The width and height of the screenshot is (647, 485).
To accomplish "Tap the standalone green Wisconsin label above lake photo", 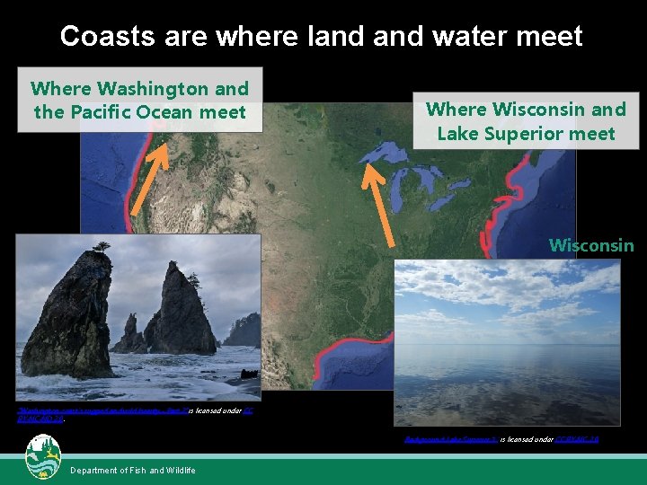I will pyautogui.click(x=591, y=245).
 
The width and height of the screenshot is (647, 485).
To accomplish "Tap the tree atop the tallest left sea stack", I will pyautogui.click(x=100, y=246).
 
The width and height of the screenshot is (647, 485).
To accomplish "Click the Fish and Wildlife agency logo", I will pyautogui.click(x=43, y=457).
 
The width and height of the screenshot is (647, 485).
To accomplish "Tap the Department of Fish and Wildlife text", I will pyautogui.click(x=133, y=471).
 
